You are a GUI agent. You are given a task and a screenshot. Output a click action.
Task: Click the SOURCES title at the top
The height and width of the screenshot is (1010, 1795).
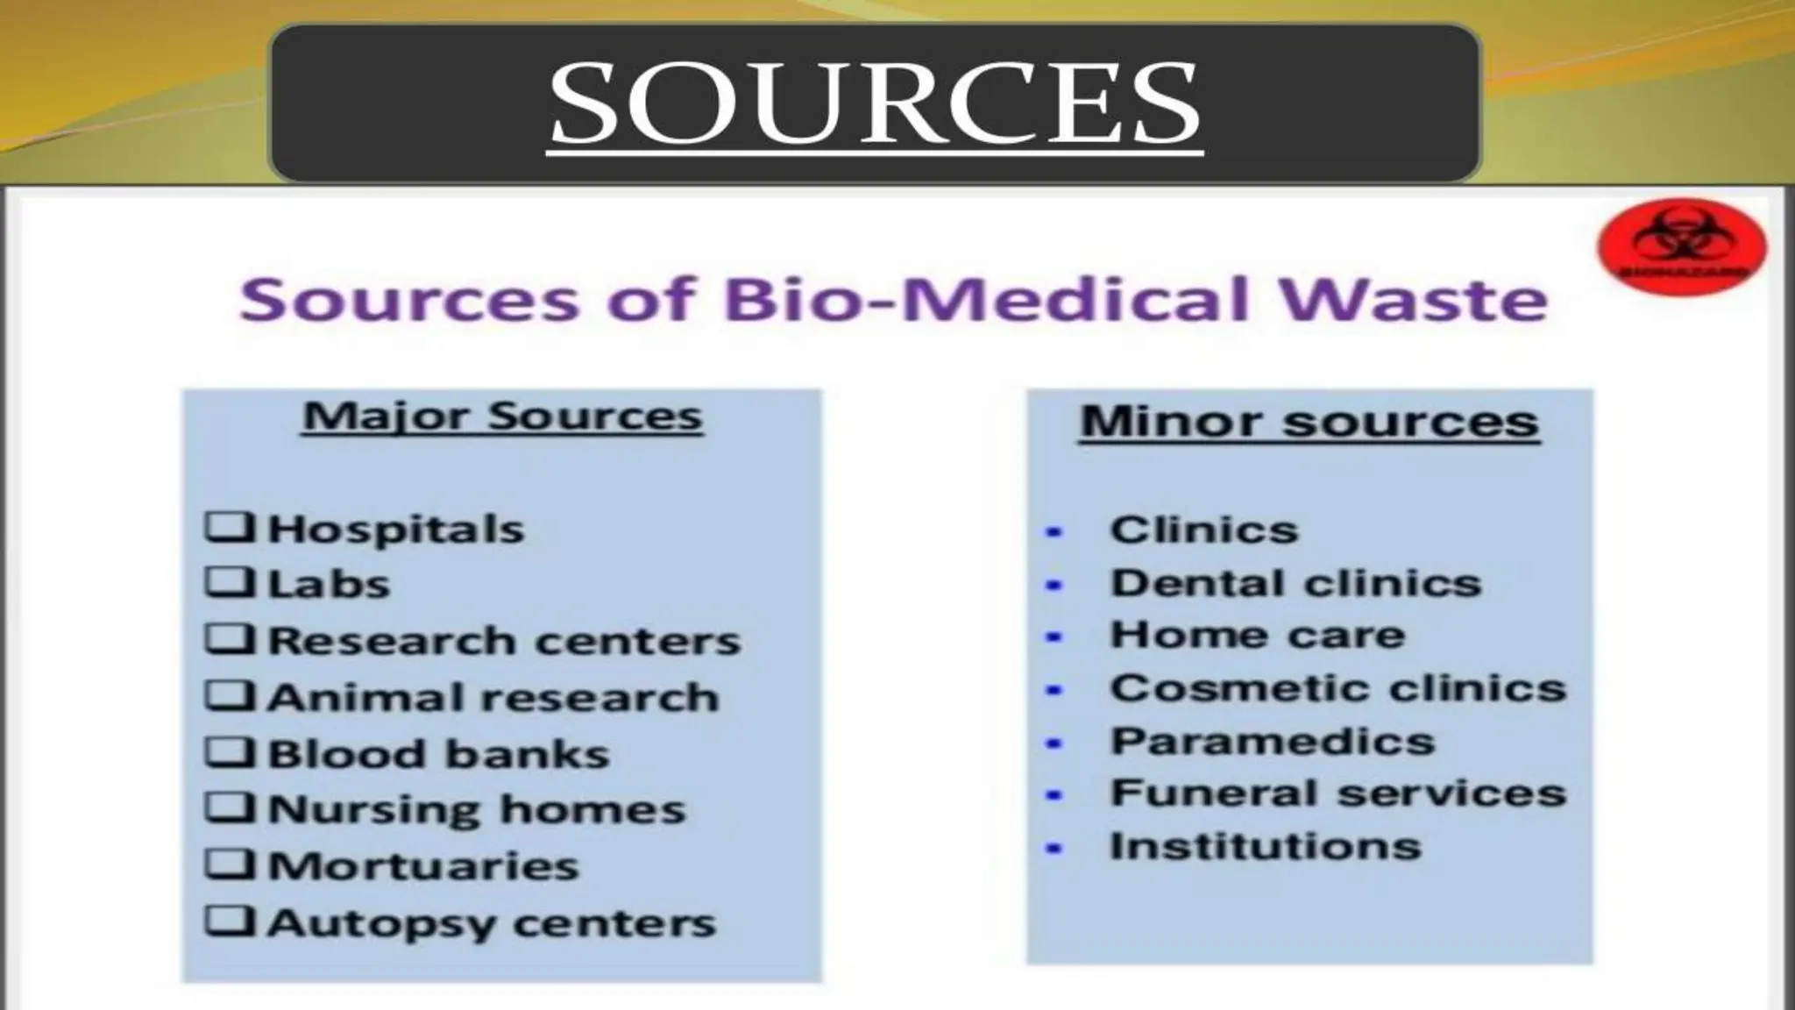(x=875, y=103)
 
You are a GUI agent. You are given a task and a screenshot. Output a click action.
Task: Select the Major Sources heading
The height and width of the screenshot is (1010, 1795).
(x=502, y=416)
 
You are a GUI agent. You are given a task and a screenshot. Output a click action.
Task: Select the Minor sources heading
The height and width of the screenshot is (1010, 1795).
(x=1309, y=422)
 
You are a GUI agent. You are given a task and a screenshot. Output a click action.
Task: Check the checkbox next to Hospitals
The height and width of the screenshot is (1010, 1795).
(x=230, y=528)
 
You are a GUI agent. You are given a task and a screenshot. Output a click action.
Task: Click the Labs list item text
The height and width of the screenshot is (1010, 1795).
(x=329, y=585)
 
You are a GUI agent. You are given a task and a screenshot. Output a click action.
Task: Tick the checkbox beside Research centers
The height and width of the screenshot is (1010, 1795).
(x=230, y=639)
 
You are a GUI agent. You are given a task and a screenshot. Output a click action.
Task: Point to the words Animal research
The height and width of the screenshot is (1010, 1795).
(x=493, y=698)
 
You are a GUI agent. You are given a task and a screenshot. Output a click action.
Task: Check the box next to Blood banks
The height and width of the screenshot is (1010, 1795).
(x=230, y=752)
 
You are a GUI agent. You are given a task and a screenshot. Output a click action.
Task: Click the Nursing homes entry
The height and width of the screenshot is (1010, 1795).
(x=477, y=809)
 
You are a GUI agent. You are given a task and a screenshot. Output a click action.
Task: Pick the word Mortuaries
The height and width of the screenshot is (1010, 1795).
(x=423, y=866)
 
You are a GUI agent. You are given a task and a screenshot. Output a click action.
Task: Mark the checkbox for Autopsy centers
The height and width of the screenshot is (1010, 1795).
(x=230, y=922)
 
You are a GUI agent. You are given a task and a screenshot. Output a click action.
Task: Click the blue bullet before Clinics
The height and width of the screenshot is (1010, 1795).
(x=1054, y=531)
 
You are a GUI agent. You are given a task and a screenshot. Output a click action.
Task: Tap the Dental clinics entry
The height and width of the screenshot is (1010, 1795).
(x=1295, y=583)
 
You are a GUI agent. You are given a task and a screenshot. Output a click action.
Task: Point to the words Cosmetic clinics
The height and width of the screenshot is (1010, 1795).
(x=1337, y=688)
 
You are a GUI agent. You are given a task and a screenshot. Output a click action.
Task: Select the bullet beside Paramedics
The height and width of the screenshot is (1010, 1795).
(x=1054, y=743)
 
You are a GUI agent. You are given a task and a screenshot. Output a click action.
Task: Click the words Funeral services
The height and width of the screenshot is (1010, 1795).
(x=1337, y=793)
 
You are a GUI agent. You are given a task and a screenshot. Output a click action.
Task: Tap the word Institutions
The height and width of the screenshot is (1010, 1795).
(x=1265, y=847)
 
